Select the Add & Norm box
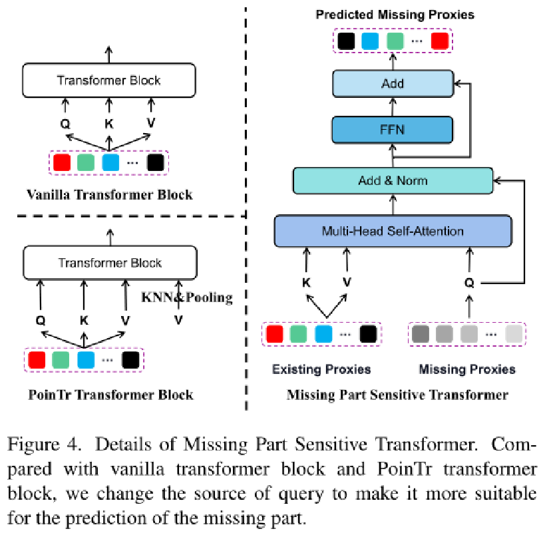tap(393, 181)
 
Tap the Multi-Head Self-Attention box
tap(393, 231)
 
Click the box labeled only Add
tap(393, 84)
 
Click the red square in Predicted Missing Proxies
tap(439, 42)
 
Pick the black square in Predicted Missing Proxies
tap(345, 42)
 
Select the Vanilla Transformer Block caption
tap(110, 195)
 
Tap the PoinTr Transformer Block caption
tap(111, 395)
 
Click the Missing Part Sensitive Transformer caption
tap(397, 395)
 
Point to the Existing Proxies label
tap(321, 369)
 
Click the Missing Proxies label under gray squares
tap(466, 369)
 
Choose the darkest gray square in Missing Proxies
tap(421, 333)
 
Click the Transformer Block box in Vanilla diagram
tap(109, 81)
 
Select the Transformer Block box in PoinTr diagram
tap(110, 262)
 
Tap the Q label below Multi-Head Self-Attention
tap(470, 282)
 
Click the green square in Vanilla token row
tap(85, 163)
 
